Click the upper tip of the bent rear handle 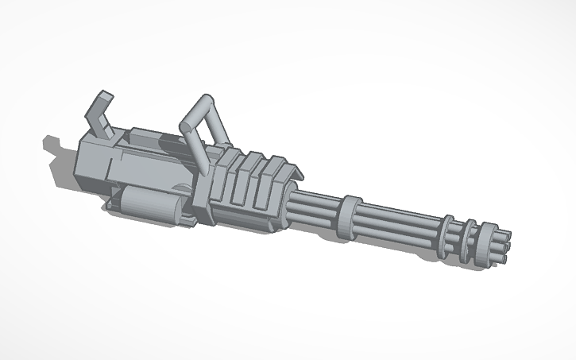pos(102,98)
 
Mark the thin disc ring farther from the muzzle pos(448,227)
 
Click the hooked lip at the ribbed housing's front pos(295,172)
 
